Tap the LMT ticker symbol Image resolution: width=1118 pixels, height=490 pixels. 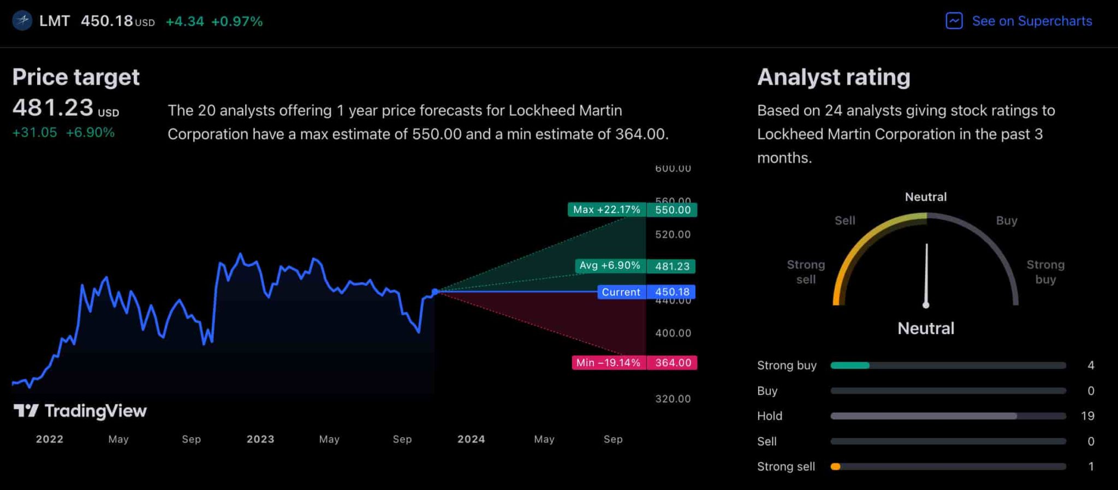point(55,21)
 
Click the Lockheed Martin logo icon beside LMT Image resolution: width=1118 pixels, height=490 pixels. point(22,21)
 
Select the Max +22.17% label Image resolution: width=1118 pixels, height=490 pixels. point(606,210)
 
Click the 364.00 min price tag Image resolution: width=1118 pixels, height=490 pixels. point(672,363)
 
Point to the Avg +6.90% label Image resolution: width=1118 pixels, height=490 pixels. point(609,266)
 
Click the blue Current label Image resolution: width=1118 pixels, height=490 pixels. point(621,292)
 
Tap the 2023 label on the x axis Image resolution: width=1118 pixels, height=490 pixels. point(260,439)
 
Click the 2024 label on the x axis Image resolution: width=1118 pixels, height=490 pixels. point(471,439)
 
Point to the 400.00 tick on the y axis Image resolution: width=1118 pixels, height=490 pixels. point(673,333)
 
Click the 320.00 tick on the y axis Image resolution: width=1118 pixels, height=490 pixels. point(673,399)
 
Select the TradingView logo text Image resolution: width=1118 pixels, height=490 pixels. point(95,411)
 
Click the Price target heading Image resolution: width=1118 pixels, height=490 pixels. point(76,77)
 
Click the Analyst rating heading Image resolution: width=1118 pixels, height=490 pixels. point(834,77)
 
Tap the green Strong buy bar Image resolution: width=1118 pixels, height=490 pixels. point(850,366)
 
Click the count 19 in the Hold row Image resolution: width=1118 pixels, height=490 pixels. point(1087,416)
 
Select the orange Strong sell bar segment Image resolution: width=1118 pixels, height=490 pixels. point(835,467)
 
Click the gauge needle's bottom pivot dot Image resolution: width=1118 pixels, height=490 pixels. point(926,305)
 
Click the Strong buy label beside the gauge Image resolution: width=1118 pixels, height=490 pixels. point(1045,272)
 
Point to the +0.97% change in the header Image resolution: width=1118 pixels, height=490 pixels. point(237,21)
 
